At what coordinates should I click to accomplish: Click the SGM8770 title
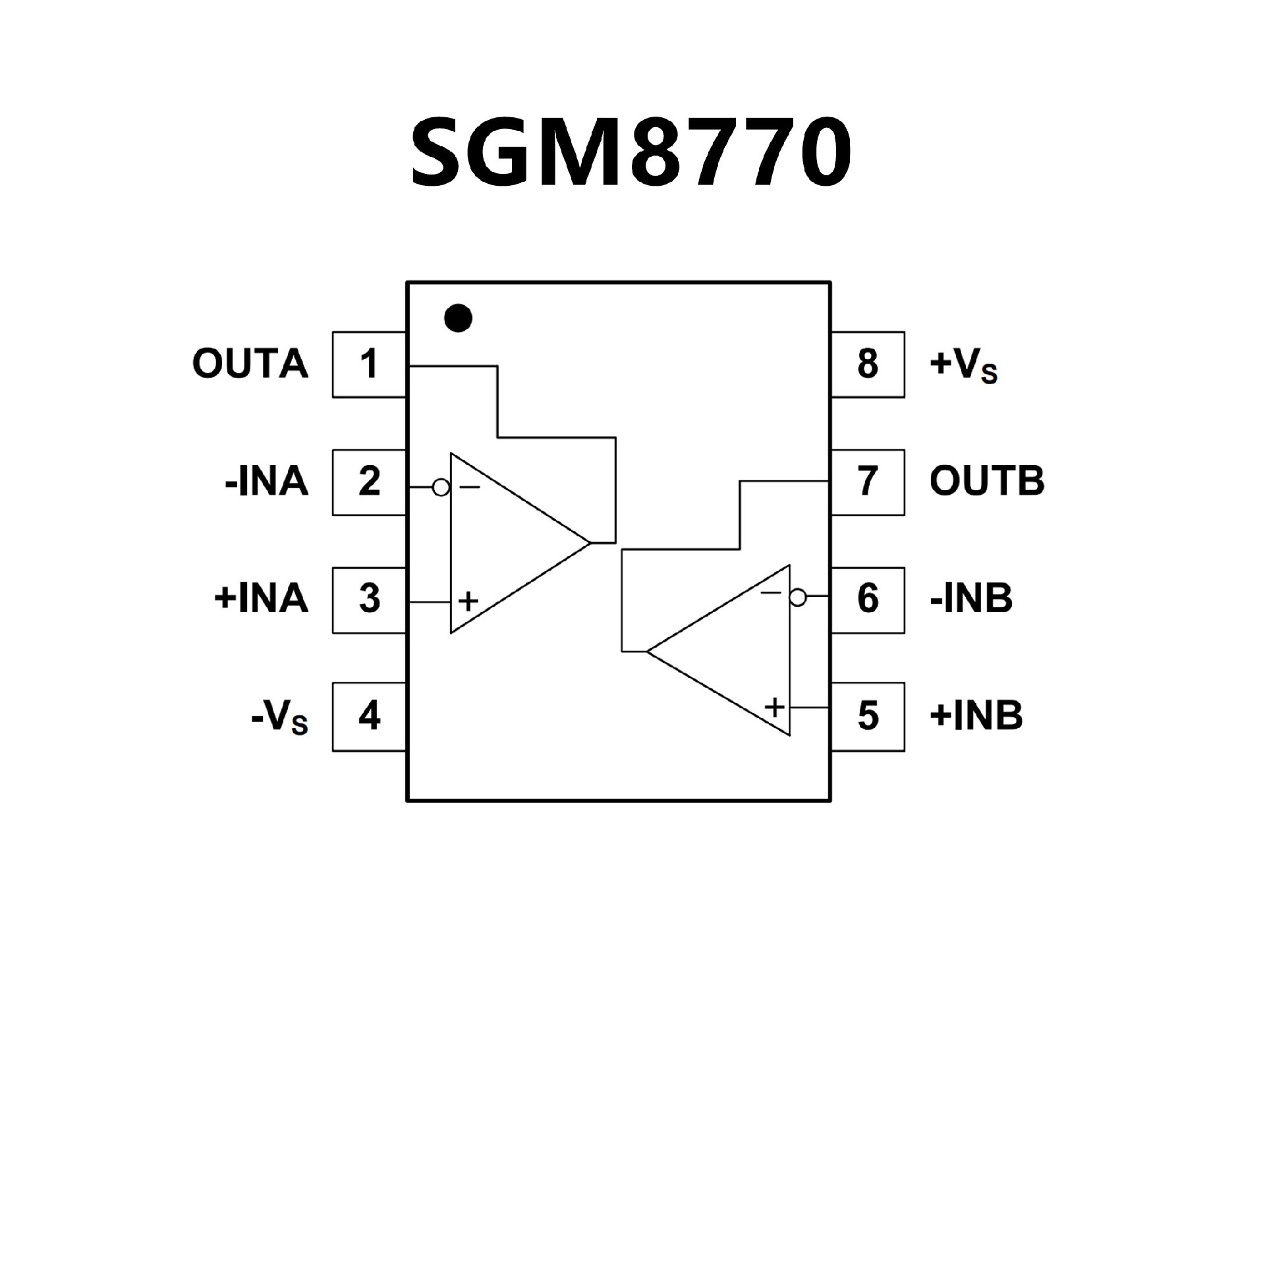(631, 154)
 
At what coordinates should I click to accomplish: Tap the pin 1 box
(369, 364)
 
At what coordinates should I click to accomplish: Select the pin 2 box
(369, 482)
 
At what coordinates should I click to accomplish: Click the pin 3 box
(369, 600)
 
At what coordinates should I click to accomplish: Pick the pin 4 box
(369, 716)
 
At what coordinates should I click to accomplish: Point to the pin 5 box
(868, 716)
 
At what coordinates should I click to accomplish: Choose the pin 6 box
(868, 600)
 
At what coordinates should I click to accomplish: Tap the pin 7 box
(868, 482)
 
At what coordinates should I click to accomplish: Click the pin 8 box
(868, 364)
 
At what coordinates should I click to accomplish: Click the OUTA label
(250, 364)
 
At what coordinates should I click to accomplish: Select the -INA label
(267, 482)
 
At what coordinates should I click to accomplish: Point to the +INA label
(262, 600)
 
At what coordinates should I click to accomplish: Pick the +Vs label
(963, 366)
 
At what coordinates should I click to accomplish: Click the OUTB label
(987, 482)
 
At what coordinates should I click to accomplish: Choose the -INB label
(971, 600)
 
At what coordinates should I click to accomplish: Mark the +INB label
(976, 716)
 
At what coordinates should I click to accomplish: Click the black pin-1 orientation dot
(458, 318)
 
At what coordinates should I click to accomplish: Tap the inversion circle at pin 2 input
(441, 488)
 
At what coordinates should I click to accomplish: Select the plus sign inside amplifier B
(775, 708)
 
